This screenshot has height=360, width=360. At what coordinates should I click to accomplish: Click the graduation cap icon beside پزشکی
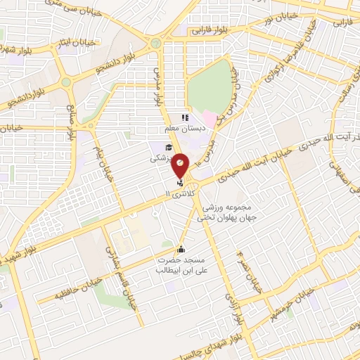168,147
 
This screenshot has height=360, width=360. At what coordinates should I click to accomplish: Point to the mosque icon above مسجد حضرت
181,248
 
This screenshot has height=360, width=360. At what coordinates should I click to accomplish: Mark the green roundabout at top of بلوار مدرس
156,44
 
